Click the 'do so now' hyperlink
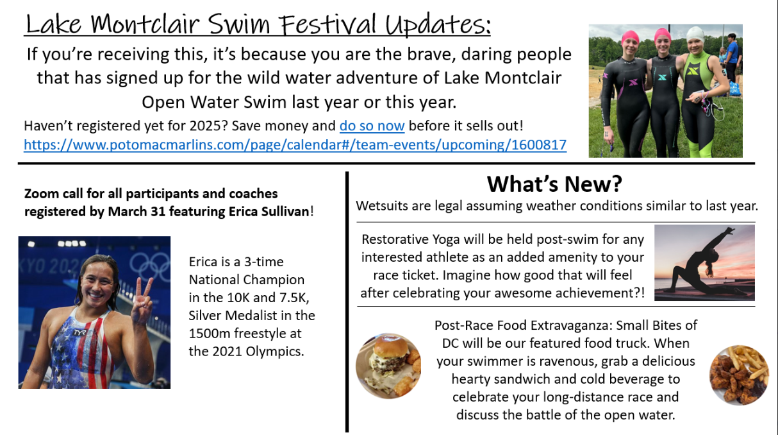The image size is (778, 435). tap(372, 126)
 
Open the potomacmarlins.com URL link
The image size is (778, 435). tap(295, 144)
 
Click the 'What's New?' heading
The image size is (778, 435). tap(554, 183)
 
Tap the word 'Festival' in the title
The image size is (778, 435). tap(328, 24)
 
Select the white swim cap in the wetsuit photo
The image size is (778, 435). tap(695, 35)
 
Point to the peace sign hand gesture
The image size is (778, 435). tap(142, 302)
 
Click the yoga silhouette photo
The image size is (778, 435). tap(704, 262)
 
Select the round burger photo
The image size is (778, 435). tap(388, 366)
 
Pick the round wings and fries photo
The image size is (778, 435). tap(739, 375)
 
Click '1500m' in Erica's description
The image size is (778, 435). tap(210, 333)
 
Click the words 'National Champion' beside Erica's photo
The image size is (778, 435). tap(247, 280)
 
